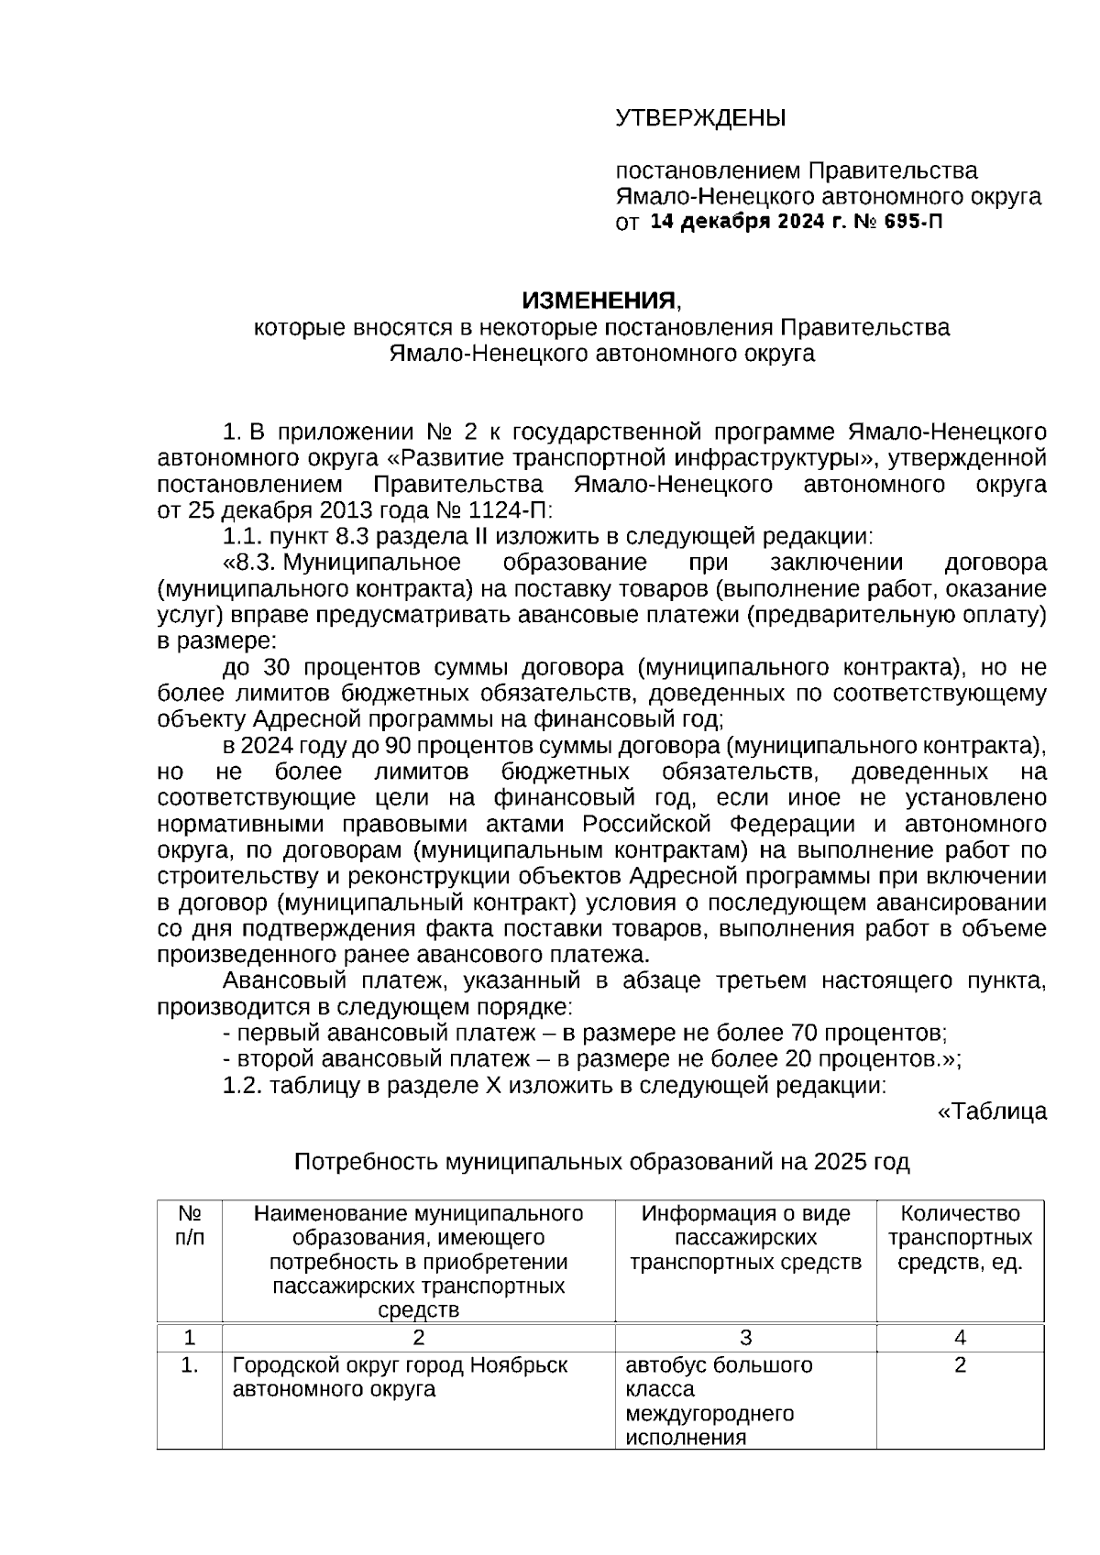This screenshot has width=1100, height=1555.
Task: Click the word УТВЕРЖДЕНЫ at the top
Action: pyautogui.click(x=700, y=118)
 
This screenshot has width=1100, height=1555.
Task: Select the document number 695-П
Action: pyautogui.click(x=913, y=223)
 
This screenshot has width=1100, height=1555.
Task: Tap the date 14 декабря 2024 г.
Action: pyautogui.click(x=746, y=223)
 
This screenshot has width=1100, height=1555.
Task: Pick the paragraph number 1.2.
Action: pyautogui.click(x=242, y=1086)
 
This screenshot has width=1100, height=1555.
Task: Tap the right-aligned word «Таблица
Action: pyautogui.click(x=991, y=1112)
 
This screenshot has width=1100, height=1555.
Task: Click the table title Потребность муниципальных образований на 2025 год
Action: pyautogui.click(x=601, y=1163)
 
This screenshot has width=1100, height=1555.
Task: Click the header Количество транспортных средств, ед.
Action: pyautogui.click(x=960, y=1239)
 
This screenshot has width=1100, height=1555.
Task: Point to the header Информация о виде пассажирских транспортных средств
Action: pyautogui.click(x=745, y=1239)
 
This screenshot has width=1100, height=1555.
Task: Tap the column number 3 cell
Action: pyautogui.click(x=745, y=1338)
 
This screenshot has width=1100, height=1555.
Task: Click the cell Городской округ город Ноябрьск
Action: pyautogui.click(x=400, y=1366)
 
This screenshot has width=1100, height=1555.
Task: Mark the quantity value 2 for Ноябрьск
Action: pyautogui.click(x=960, y=1366)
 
